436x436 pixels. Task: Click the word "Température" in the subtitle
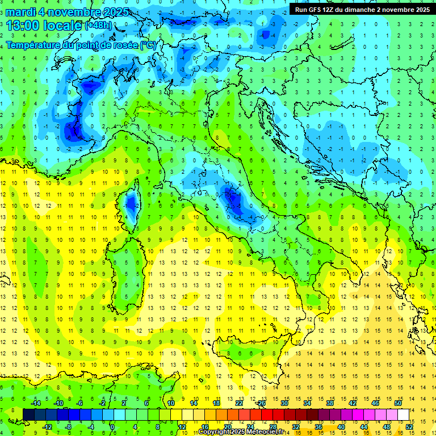[37, 45]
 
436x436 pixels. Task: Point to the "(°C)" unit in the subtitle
[147, 45]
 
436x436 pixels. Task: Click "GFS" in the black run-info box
[317, 10]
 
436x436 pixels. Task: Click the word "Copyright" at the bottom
[215, 432]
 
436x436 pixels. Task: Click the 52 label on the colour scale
[409, 426]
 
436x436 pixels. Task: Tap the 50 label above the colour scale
[398, 403]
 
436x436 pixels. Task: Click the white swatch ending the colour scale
[404, 414]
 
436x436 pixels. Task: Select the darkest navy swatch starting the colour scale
[29, 414]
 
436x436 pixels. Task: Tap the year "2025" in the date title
[113, 12]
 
